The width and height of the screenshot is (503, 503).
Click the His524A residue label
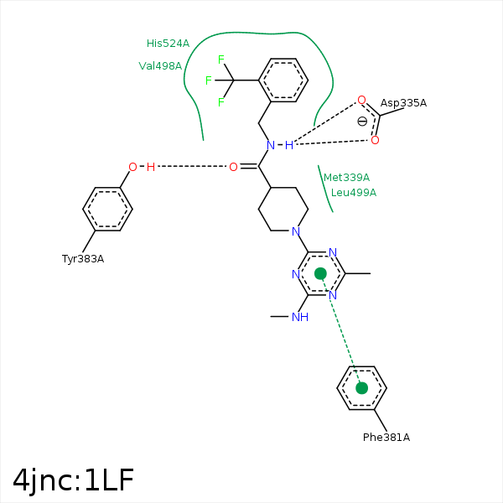coord(168,43)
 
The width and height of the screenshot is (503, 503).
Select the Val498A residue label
coord(160,65)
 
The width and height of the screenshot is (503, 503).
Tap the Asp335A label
coord(403,103)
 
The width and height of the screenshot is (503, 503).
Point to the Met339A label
coord(346,177)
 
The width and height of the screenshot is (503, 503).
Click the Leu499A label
coord(354,192)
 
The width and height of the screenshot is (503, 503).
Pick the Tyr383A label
coord(83,258)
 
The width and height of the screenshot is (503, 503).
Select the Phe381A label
coord(386,437)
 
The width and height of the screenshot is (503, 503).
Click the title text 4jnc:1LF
coord(73,480)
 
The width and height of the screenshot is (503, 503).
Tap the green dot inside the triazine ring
coord(320,273)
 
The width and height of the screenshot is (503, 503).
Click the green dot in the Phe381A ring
coord(361,387)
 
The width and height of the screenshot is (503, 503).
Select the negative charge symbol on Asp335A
coord(362,121)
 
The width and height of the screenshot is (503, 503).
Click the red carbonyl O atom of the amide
coord(233,167)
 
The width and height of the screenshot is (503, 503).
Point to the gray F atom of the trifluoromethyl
coord(221,102)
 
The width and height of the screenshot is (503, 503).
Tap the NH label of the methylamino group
coord(299,317)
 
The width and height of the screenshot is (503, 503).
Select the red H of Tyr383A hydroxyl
coord(150,167)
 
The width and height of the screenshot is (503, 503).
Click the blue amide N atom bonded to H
coord(271,145)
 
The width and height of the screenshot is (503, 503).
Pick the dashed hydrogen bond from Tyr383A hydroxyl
coord(192,167)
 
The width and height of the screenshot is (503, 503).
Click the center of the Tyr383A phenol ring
coord(108,209)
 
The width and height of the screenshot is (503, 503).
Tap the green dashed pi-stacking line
coord(341,331)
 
